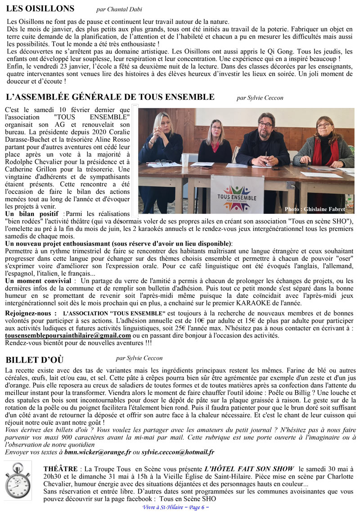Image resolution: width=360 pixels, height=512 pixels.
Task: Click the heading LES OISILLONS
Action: click(x=40, y=9)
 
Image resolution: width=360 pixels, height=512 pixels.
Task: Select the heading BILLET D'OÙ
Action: click(x=35, y=359)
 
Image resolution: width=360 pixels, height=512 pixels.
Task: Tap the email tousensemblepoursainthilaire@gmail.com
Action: click(x=68, y=336)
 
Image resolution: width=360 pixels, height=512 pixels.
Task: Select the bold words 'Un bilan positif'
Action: click(x=31, y=213)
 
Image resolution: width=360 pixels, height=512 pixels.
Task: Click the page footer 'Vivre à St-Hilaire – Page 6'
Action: click(x=175, y=507)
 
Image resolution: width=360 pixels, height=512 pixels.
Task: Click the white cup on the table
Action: click(x=185, y=159)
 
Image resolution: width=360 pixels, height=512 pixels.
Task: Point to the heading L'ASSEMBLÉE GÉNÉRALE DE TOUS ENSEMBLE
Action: click(x=110, y=97)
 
